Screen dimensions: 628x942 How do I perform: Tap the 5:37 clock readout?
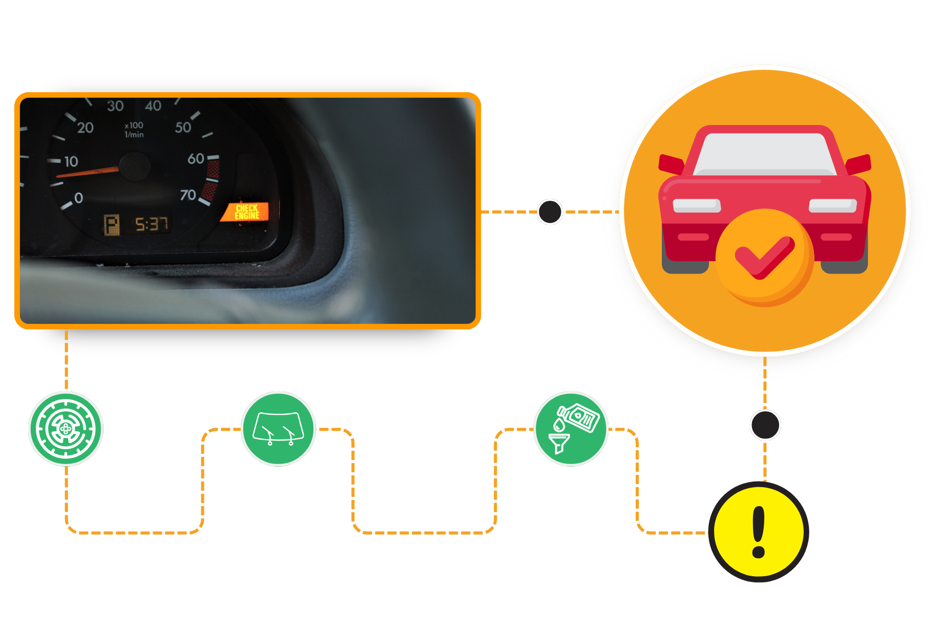pyautogui.click(x=152, y=224)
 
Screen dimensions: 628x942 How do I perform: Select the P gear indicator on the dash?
pyautogui.click(x=112, y=225)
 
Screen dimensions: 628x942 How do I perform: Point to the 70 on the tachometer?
pyautogui.click(x=188, y=195)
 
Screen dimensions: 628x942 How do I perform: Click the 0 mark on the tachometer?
pyautogui.click(x=78, y=198)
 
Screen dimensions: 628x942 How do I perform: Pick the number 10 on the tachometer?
pyautogui.click(x=71, y=162)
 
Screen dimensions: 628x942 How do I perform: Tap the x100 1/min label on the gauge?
pyautogui.click(x=134, y=130)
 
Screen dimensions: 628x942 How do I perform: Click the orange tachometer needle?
pyautogui.click(x=87, y=173)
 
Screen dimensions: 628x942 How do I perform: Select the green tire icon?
pyautogui.click(x=66, y=429)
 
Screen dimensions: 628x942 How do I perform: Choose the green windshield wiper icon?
pyautogui.click(x=278, y=429)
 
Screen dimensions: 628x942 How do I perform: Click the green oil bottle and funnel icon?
pyautogui.click(x=571, y=429)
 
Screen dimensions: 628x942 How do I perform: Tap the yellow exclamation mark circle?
pyautogui.click(x=759, y=532)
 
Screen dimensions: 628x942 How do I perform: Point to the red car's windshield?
pyautogui.click(x=764, y=154)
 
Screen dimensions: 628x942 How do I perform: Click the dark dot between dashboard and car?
pyautogui.click(x=550, y=212)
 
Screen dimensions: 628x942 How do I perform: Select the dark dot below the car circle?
pyautogui.click(x=765, y=425)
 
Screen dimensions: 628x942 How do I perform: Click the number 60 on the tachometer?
pyautogui.click(x=196, y=159)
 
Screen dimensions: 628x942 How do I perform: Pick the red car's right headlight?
pyautogui.click(x=832, y=205)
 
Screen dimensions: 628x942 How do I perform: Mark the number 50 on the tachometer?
pyautogui.click(x=183, y=128)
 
